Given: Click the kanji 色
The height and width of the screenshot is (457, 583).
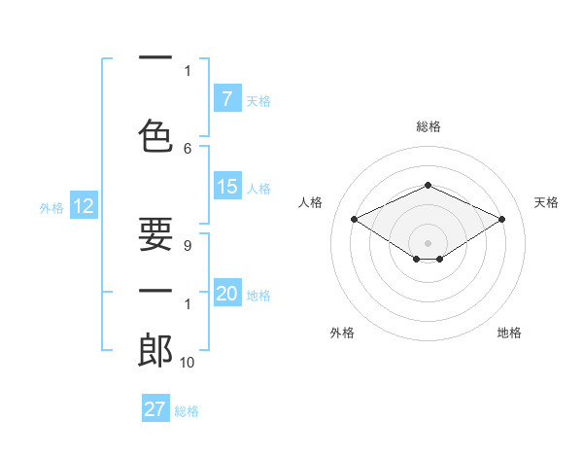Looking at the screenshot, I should [x=155, y=134].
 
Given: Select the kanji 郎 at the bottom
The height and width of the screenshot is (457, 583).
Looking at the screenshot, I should [x=155, y=350].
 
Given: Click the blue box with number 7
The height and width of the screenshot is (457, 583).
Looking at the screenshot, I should [x=226, y=99].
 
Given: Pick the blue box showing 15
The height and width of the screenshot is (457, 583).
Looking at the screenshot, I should [x=226, y=188].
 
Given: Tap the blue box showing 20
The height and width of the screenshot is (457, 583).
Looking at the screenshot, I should [x=226, y=295].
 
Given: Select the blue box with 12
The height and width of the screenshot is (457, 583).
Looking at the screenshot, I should [x=83, y=206].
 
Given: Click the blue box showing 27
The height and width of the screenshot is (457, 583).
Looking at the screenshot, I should [x=155, y=409].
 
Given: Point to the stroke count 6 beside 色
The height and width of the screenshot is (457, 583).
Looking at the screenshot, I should [x=188, y=148].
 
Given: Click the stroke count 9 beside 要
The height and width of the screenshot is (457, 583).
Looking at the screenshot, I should [x=188, y=246].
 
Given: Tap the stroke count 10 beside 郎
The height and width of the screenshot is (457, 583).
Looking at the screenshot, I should [x=188, y=363].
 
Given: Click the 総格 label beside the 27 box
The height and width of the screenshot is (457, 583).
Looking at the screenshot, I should [x=187, y=411].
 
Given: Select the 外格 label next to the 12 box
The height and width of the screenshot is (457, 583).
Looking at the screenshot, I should [x=51, y=207].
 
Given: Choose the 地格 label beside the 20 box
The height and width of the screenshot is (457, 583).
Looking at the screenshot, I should [x=258, y=296].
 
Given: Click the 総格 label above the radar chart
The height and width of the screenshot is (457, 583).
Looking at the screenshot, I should [x=428, y=126].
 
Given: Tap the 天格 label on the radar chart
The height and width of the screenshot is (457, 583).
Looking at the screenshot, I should [x=546, y=202].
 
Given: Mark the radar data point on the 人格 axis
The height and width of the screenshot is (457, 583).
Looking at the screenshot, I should [x=354, y=220].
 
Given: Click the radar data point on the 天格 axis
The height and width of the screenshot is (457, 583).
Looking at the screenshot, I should [x=501, y=220].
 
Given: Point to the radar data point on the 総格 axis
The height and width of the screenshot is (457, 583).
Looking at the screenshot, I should [x=428, y=185].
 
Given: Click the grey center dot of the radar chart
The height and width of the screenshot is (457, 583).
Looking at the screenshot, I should [x=428, y=241].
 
